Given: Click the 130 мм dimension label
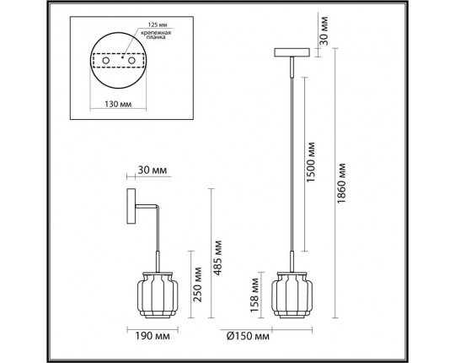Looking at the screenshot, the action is (x=118, y=104).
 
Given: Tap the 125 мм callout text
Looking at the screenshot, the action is (x=158, y=24).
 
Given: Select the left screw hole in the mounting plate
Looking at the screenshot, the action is (x=105, y=61).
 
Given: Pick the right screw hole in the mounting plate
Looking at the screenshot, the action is (x=131, y=61).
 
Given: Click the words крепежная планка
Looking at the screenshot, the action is (x=156, y=35).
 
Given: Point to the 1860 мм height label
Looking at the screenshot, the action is (x=342, y=183).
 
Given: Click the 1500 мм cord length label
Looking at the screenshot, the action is (x=310, y=162).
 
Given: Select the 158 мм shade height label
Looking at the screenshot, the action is (x=254, y=295).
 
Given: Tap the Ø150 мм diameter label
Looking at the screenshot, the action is (x=248, y=336).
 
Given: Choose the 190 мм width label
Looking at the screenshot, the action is (x=153, y=336).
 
